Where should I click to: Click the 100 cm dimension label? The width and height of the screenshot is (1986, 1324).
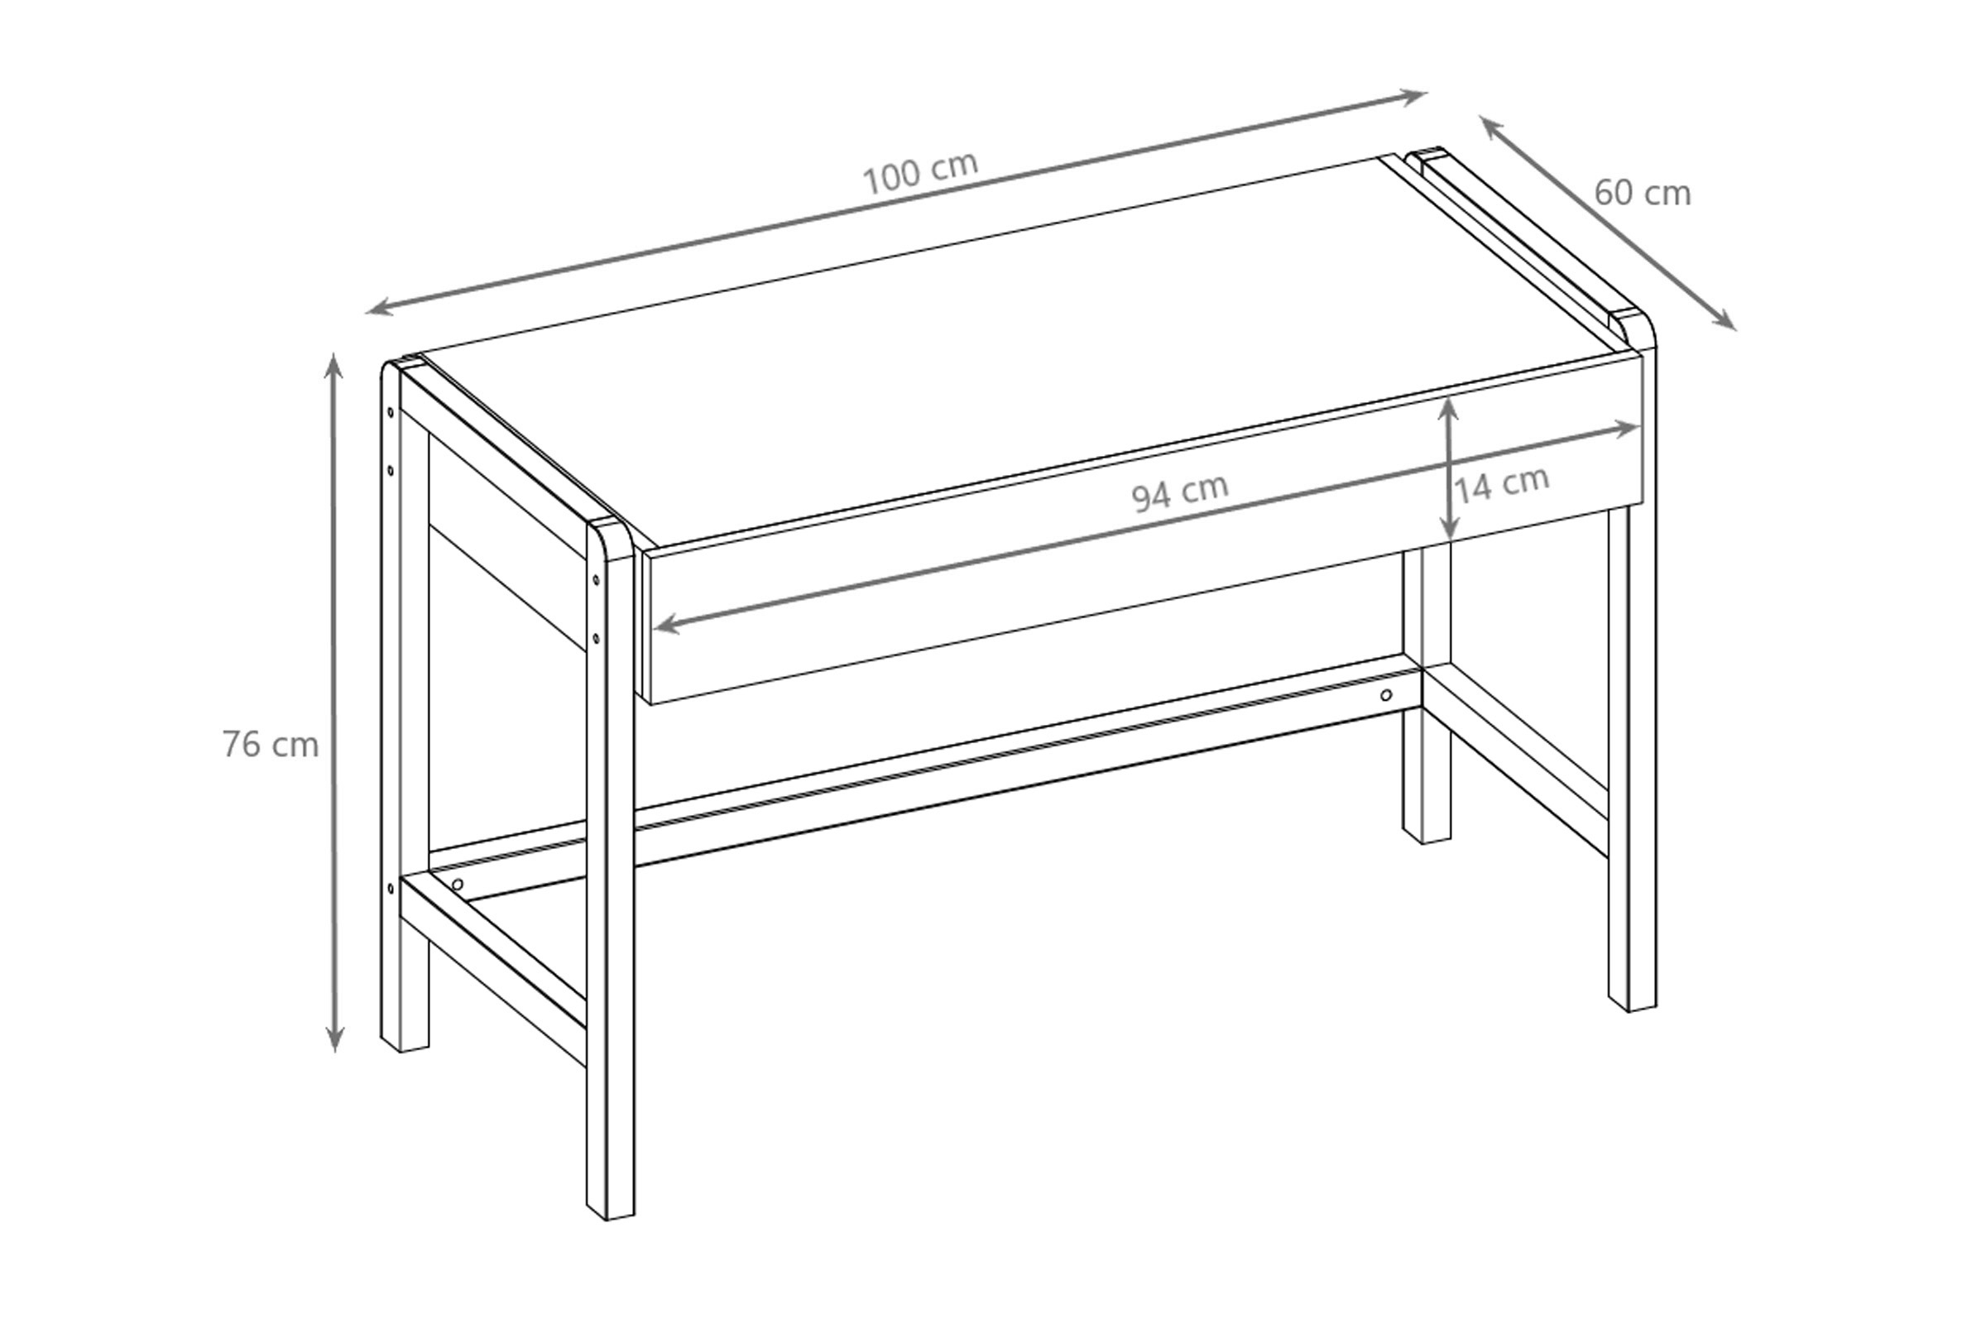click(x=919, y=172)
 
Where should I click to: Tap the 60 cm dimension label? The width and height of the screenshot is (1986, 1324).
click(x=1643, y=194)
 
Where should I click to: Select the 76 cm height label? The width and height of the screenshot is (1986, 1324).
click(x=271, y=745)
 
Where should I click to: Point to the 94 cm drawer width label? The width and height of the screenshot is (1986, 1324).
click(x=1180, y=493)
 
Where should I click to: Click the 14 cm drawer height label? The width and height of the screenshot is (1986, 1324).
click(x=1503, y=484)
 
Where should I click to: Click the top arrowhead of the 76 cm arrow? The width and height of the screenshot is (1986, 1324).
click(x=334, y=362)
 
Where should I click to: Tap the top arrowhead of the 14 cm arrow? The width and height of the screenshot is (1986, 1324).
click(x=1449, y=405)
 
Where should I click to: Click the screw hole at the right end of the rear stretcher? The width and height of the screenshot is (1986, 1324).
click(x=1385, y=695)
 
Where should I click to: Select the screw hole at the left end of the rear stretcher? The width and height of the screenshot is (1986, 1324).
click(x=458, y=884)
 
